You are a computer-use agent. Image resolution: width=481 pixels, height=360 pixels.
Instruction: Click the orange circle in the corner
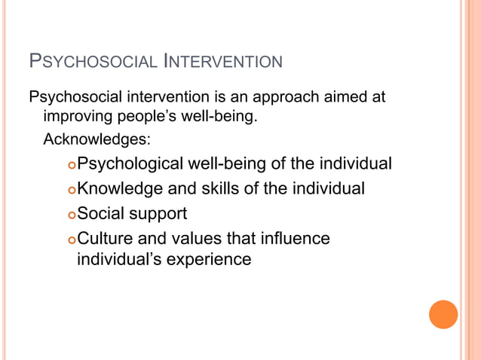point(443,314)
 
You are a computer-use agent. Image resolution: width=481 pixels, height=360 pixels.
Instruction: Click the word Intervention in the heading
point(223,60)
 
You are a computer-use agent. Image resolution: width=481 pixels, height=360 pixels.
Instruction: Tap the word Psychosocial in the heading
point(92,60)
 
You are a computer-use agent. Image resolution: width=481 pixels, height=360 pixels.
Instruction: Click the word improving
point(77,117)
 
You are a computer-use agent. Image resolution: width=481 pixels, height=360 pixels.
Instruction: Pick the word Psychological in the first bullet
point(130,163)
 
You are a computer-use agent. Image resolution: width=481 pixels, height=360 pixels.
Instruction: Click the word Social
point(102,213)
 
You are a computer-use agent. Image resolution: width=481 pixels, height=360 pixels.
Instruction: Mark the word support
point(159,214)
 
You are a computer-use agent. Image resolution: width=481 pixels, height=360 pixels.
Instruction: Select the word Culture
point(106,239)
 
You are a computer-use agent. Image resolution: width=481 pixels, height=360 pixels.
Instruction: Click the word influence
point(293,239)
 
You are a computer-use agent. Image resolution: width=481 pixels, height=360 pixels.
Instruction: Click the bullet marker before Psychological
point(71,165)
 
